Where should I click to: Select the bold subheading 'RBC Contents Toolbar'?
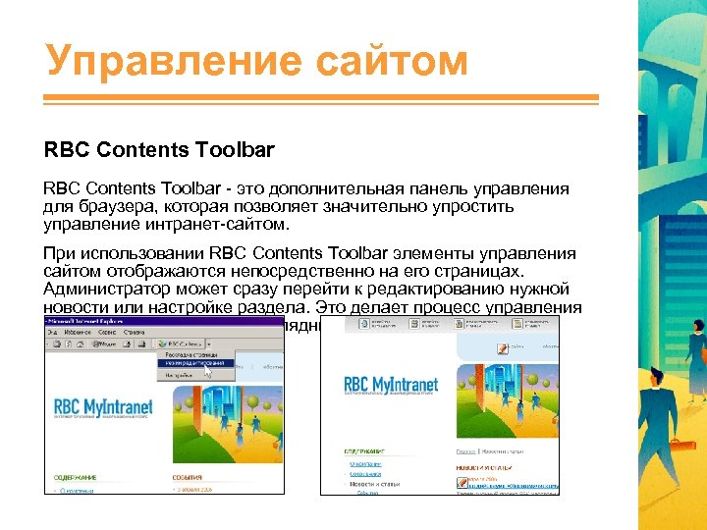[x=159, y=151]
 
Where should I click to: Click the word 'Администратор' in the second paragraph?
[x=104, y=290]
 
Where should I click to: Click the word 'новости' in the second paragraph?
[x=74, y=307]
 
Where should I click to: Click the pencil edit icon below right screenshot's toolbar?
[x=503, y=346]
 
